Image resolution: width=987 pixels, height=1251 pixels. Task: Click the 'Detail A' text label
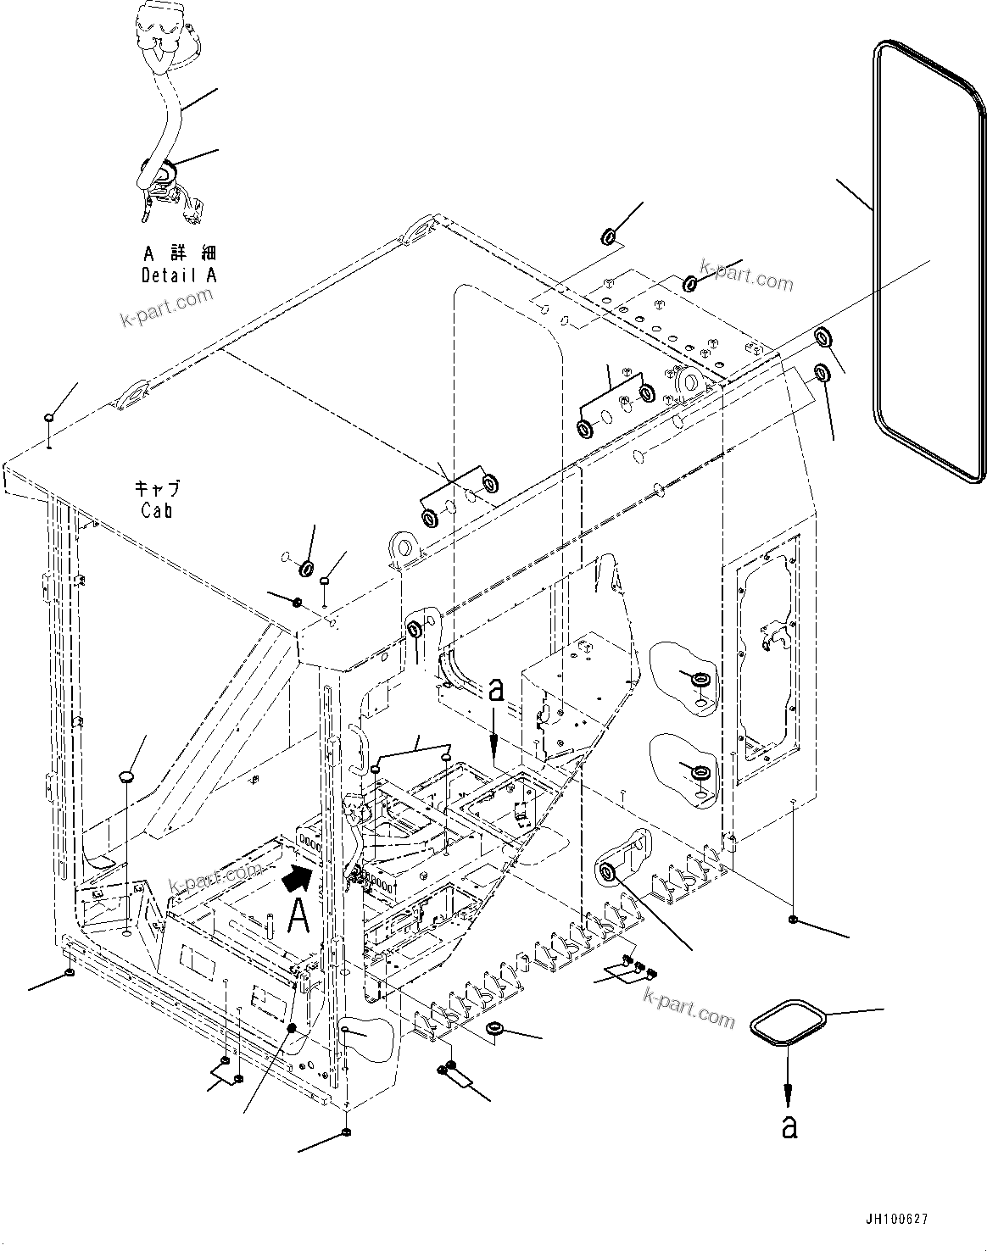point(179,275)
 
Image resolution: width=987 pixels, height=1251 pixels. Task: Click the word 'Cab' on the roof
point(157,510)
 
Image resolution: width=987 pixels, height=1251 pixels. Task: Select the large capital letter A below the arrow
point(298,916)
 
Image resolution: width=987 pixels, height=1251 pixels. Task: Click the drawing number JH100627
point(896,1220)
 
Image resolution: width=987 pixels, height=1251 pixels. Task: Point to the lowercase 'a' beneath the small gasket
point(789,1126)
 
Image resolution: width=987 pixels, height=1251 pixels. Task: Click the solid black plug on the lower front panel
point(291,1028)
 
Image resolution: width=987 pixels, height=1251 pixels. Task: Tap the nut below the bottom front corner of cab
point(346,1133)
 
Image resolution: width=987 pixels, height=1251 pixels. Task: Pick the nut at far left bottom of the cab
point(69,973)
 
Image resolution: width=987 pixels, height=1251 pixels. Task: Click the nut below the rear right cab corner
point(792,920)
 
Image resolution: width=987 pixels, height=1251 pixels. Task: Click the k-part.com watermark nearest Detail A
point(165,310)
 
